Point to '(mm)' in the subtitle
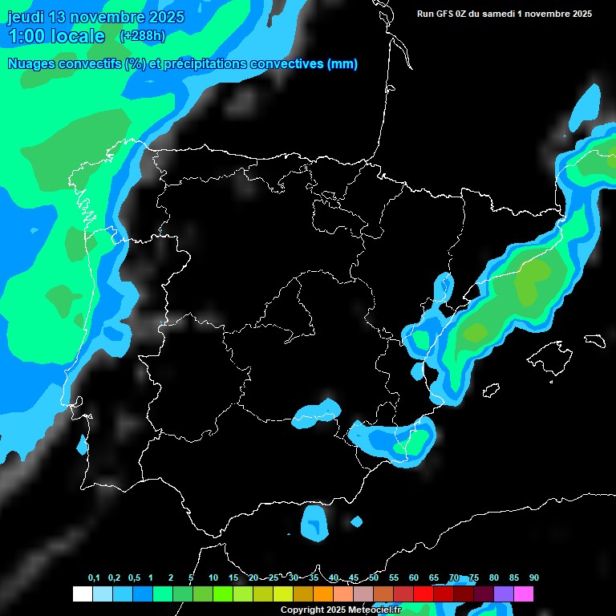pos(342,63)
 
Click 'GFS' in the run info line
pos(450,13)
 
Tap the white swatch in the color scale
pos(82,594)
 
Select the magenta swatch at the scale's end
pos(524,594)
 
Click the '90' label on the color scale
pos(533,577)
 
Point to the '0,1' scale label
pos(94,577)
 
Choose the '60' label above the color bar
pos(413,577)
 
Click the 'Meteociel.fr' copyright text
pos(371,610)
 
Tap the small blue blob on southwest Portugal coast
pos(82,444)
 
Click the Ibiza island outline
pos(492,390)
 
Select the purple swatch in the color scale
pos(503,594)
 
